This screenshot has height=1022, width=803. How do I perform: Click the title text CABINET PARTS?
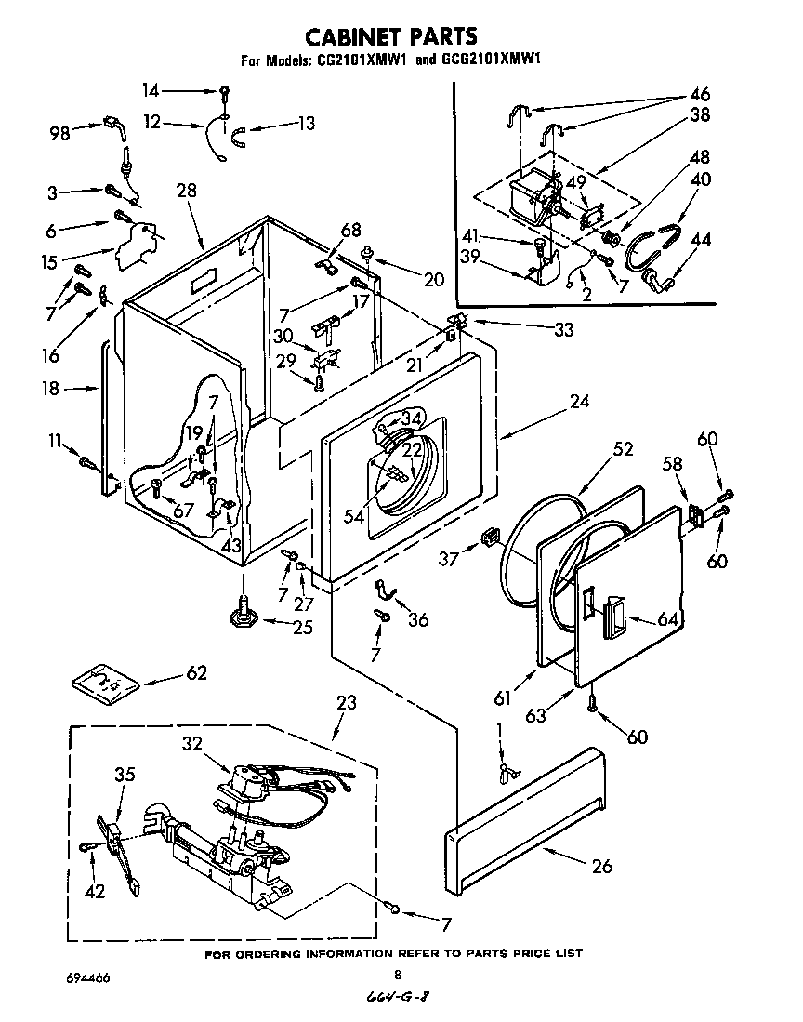[391, 35]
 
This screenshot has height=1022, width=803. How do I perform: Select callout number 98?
[61, 134]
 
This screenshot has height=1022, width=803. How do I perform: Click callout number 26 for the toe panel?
[602, 866]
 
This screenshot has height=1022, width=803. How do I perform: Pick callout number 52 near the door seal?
[622, 449]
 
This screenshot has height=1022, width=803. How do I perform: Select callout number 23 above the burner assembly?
[346, 704]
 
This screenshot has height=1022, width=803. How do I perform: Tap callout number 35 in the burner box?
[125, 774]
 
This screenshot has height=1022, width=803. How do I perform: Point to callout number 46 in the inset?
[699, 94]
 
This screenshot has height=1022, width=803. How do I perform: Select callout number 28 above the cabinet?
[187, 191]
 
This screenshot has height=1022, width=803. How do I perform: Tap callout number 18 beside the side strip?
[49, 390]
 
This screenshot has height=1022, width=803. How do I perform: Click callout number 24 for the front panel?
[579, 403]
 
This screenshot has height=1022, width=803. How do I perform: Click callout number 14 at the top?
[151, 90]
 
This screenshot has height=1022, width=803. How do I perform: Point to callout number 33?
[562, 328]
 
